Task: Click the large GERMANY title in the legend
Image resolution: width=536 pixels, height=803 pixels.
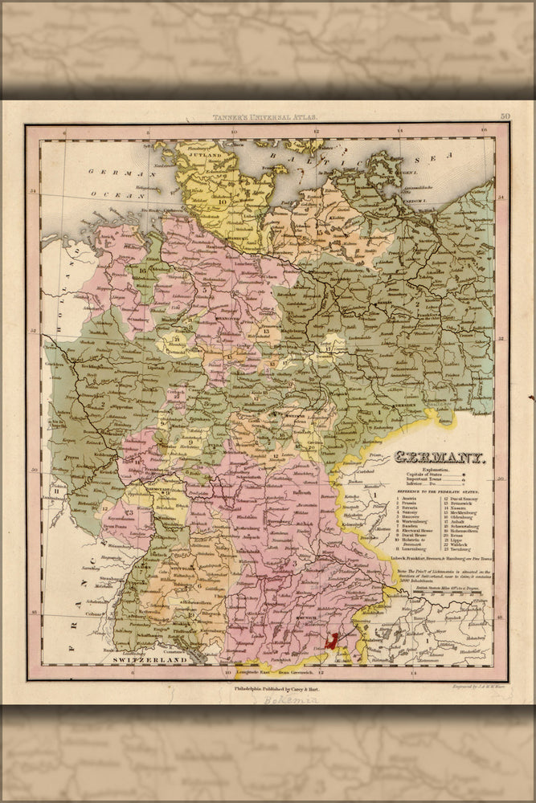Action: pyautogui.click(x=438, y=460)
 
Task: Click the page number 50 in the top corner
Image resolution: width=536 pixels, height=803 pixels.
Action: pyautogui.click(x=505, y=117)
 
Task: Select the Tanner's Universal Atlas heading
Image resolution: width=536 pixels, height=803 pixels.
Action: pyautogui.click(x=262, y=118)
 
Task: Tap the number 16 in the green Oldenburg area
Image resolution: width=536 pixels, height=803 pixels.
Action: pyautogui.click(x=142, y=271)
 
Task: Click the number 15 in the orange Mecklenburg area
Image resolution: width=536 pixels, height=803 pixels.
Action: pyautogui.click(x=319, y=231)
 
